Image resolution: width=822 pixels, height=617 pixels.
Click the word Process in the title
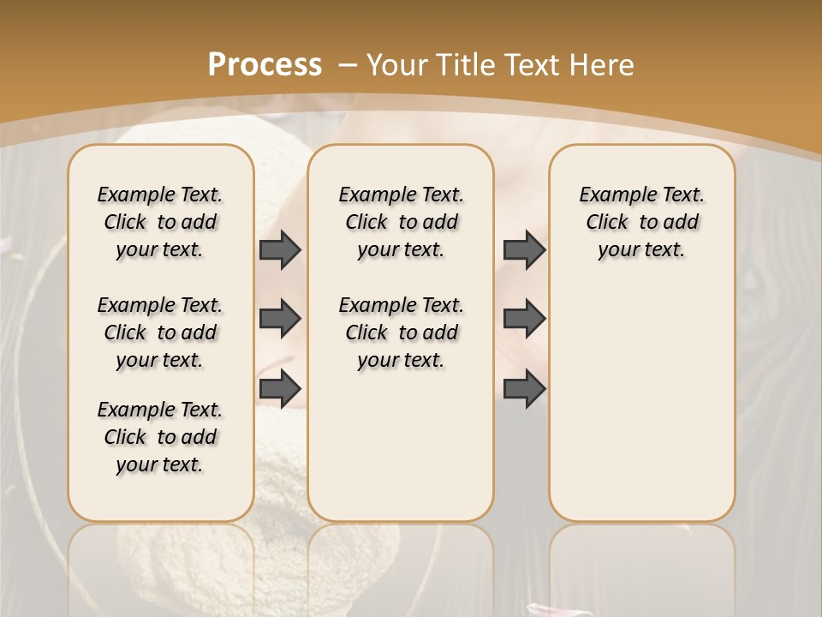[x=265, y=64]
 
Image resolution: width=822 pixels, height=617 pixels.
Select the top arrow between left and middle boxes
[x=280, y=250]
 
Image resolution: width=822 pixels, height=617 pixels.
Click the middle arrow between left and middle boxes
[x=280, y=320]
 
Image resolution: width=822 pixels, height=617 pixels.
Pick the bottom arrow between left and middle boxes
[x=280, y=388]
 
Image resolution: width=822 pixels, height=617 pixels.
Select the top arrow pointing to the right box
[x=524, y=250]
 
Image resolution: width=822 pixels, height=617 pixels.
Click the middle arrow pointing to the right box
[x=524, y=320]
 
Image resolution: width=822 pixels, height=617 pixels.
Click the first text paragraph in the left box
[x=160, y=222]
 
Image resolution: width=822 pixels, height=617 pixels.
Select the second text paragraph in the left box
[x=160, y=332]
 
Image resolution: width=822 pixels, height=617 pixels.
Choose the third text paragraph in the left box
[x=160, y=437]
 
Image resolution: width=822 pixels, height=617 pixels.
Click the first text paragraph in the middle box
[x=401, y=222]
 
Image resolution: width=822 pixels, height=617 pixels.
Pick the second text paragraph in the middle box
[x=401, y=332]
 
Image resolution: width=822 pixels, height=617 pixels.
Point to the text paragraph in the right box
[x=641, y=222]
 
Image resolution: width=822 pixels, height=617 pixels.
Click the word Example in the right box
[x=611, y=195]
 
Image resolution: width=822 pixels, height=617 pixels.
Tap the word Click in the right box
[x=607, y=223]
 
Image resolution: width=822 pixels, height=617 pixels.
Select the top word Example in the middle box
[x=370, y=195]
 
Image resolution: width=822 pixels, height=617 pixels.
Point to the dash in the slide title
[x=348, y=64]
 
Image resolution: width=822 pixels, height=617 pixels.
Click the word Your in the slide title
[x=398, y=64]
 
